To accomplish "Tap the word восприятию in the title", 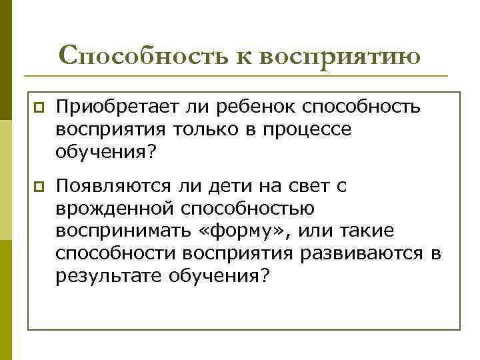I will [340, 56].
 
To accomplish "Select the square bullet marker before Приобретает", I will [39, 107].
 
